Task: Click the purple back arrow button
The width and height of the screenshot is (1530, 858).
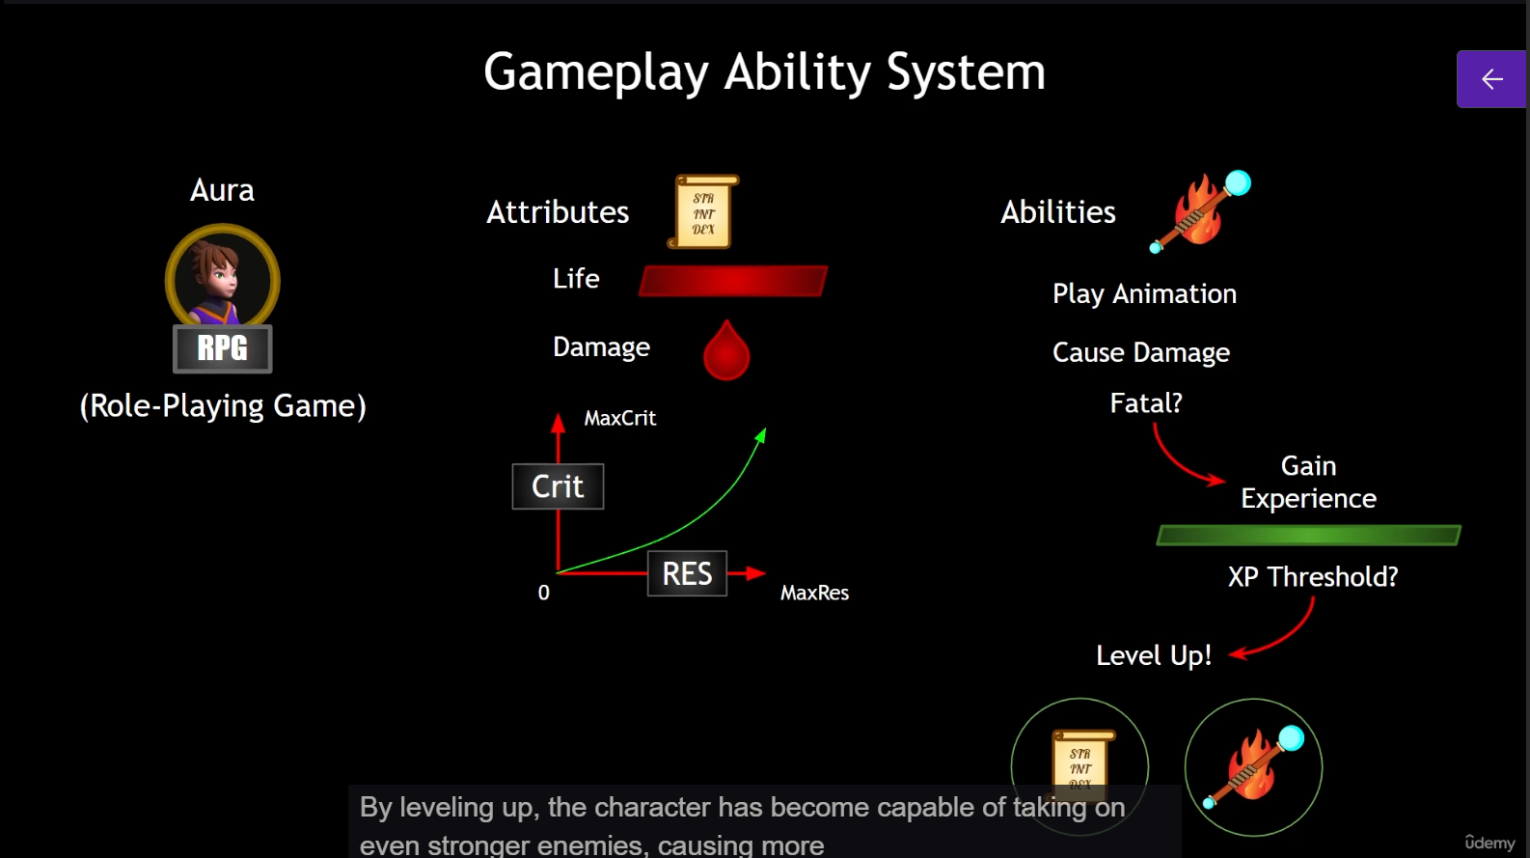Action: coord(1491,79)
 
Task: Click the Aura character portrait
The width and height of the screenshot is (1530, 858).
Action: coord(223,278)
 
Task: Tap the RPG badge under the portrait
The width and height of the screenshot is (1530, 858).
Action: coord(223,348)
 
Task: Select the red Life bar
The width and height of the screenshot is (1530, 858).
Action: coord(733,281)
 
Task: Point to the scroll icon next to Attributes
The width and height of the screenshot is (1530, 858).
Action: coord(703,212)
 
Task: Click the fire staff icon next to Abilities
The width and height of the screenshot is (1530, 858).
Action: coord(1200,212)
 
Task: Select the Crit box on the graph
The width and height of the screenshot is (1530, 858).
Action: coord(558,486)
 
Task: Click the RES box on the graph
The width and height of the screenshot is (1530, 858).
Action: coord(687,574)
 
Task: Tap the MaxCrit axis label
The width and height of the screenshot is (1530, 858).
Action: coord(619,418)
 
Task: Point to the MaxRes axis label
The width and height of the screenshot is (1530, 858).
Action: coord(814,593)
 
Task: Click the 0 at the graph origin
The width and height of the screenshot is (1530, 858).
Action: coord(544,593)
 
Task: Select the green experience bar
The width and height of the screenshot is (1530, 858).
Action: coord(1309,536)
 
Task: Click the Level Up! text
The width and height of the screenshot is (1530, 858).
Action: coord(1154,655)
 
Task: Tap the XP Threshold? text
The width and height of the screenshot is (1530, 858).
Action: coord(1313,577)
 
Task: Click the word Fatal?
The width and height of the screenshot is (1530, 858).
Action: coord(1146,403)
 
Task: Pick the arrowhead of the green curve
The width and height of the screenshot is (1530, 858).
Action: coord(761,435)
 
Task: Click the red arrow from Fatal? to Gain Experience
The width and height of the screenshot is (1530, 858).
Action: coord(1182,464)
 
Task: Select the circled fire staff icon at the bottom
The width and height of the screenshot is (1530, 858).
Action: coord(1253,767)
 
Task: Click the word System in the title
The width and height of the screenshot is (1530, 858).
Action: coord(966,72)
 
